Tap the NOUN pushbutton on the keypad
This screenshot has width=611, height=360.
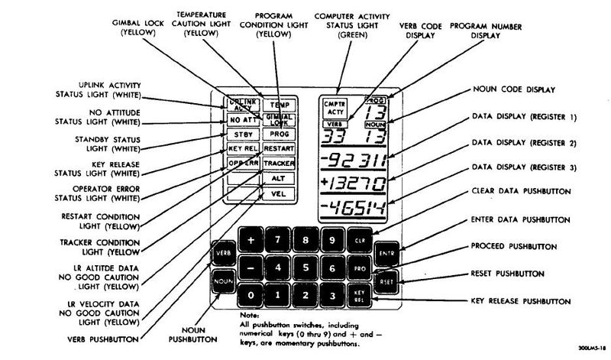tap(223, 281)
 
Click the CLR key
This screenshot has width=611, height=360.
tap(360, 241)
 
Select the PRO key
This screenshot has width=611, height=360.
tap(360, 268)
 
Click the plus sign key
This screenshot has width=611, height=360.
tap(251, 241)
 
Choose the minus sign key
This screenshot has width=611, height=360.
tap(251, 268)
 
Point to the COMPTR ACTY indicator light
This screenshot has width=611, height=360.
tap(335, 107)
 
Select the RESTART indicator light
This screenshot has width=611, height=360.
tap(279, 148)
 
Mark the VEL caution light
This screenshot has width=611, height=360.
tap(279, 193)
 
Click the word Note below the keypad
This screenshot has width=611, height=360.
tap(238, 314)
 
